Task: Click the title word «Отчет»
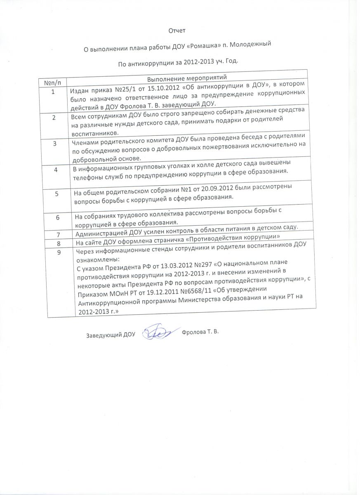coord(178,31)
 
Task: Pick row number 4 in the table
coord(56,170)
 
